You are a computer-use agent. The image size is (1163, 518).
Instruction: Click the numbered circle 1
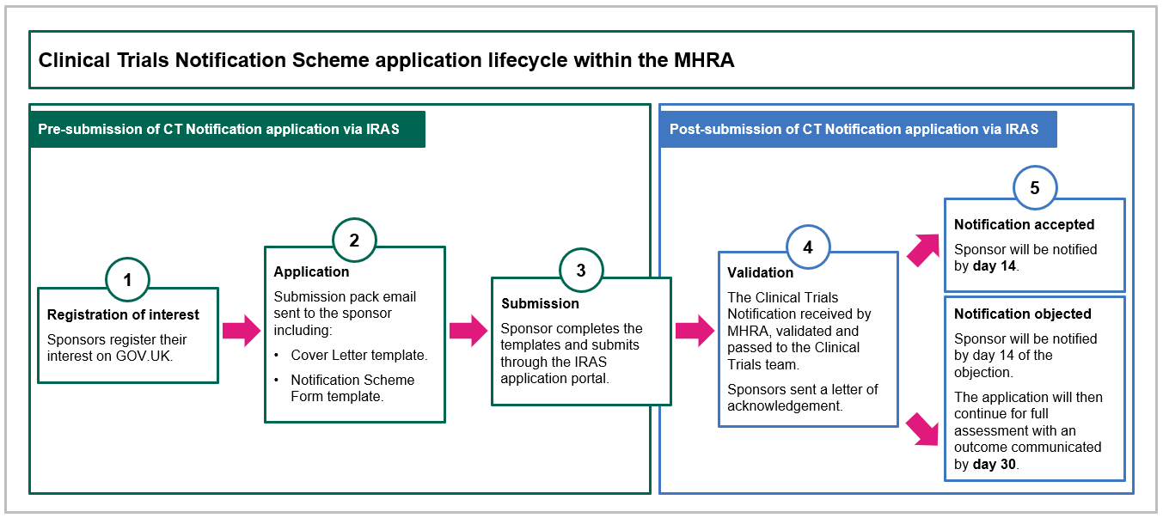(127, 279)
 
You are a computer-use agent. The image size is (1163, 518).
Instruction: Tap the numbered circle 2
(354, 241)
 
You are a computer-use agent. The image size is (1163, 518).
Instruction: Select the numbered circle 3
(581, 270)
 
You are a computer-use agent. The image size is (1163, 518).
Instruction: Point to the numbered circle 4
(808, 247)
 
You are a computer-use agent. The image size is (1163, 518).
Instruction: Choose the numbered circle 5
(1035, 188)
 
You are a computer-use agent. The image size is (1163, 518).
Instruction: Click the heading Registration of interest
(123, 314)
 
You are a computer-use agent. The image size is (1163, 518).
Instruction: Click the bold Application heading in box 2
(311, 271)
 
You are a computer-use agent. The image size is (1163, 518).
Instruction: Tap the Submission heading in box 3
(540, 303)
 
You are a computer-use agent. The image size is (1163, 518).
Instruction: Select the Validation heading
(760, 272)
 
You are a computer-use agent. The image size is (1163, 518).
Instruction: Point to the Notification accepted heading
(1024, 224)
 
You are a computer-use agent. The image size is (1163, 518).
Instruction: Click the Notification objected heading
(1022, 314)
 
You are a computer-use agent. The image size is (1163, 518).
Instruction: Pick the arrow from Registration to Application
(241, 330)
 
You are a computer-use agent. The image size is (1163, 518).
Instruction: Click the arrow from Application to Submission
(468, 330)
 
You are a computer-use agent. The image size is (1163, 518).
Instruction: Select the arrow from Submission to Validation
(695, 330)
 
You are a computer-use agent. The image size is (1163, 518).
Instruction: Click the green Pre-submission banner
(228, 130)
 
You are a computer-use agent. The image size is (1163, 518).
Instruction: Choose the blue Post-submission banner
(858, 130)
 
